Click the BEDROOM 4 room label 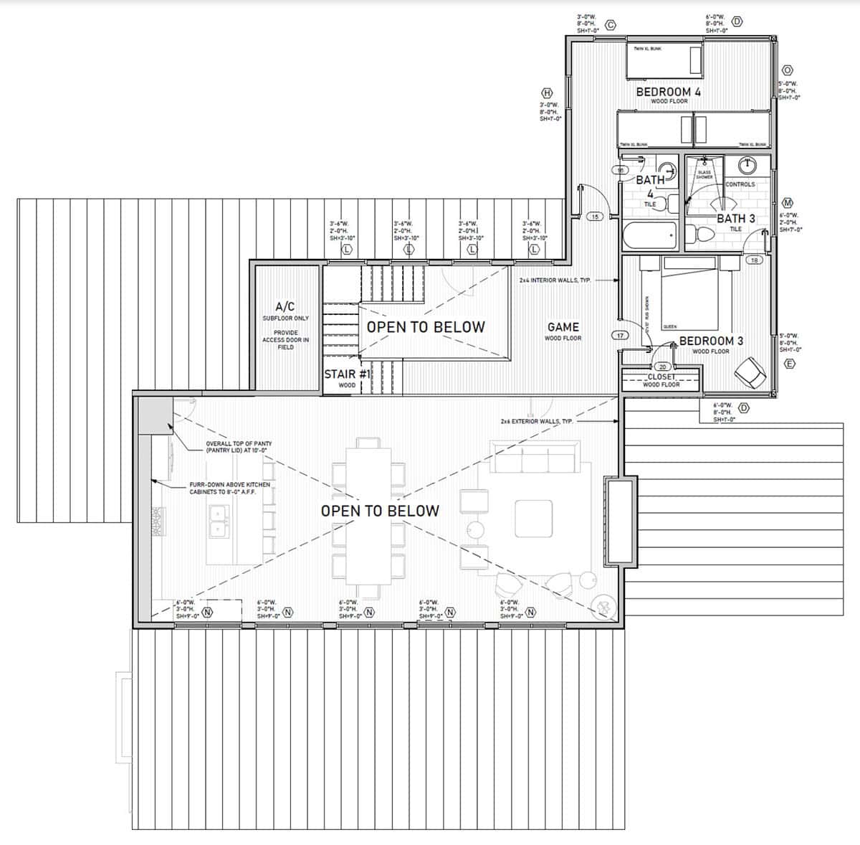click(x=668, y=92)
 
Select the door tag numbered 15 click(x=594, y=216)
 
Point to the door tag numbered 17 click(x=619, y=335)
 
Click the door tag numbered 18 click(x=753, y=260)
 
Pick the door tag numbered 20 click(x=662, y=367)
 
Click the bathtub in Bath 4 click(x=649, y=234)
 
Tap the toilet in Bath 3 click(x=697, y=234)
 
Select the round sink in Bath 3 click(x=747, y=165)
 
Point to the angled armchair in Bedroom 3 click(x=750, y=371)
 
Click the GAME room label click(x=563, y=327)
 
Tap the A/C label click(x=285, y=306)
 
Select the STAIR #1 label click(x=347, y=374)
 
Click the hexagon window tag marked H click(x=548, y=93)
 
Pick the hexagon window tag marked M click(x=787, y=203)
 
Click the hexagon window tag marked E click(x=790, y=364)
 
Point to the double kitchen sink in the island click(x=216, y=521)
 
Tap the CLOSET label click(x=661, y=377)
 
